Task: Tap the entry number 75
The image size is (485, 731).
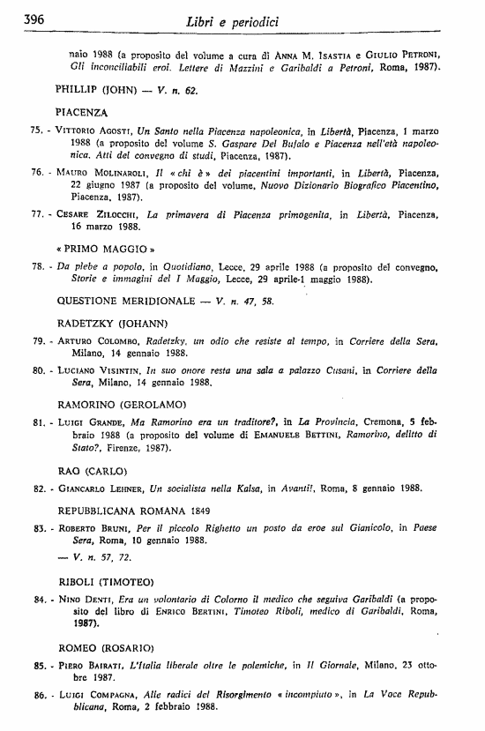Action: [x=36, y=129]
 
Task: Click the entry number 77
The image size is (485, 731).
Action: [x=36, y=213]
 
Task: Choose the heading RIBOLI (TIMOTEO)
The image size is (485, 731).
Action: [x=106, y=582]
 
